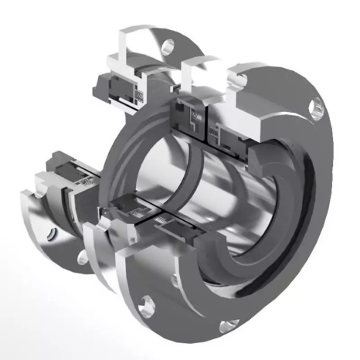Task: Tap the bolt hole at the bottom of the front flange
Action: coord(226,327)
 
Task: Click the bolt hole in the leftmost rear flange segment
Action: coord(52,229)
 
